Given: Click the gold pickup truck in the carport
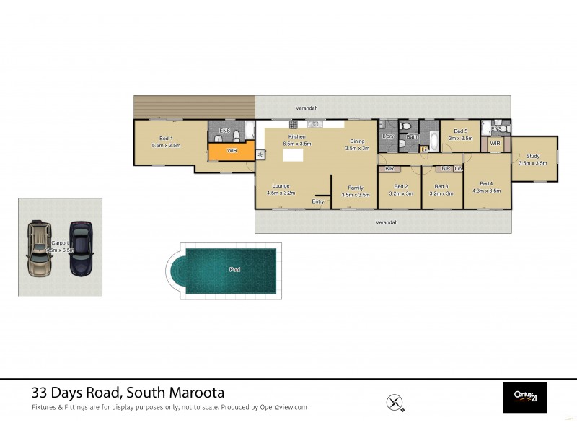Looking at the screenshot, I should (39, 249).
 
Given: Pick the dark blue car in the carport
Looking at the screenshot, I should (82, 248).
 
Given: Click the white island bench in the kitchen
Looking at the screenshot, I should (292, 155).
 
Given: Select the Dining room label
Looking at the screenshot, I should (357, 141).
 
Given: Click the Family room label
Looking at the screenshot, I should (355, 188).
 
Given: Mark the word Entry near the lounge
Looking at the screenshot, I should (318, 201).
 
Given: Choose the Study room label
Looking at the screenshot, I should (533, 156).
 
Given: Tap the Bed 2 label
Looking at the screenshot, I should (400, 186).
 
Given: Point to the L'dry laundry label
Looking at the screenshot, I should (387, 136).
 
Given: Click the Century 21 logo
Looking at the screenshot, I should (524, 396).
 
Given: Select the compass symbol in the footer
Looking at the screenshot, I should (395, 401).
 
